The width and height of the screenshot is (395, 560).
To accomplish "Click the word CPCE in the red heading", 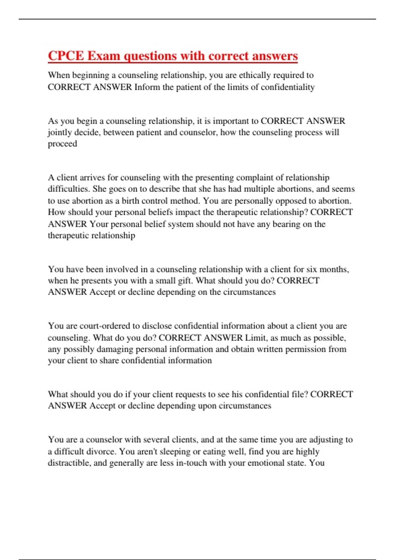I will pos(66,56).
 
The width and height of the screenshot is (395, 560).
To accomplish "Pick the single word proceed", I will pos(63,144).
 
